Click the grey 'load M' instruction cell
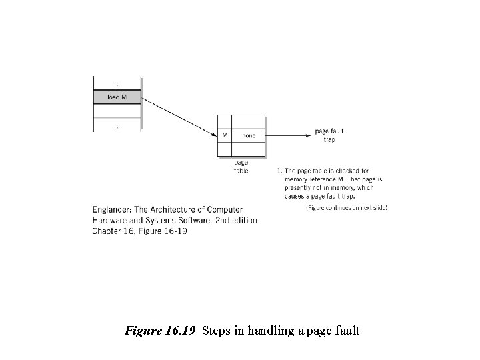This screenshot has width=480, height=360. click(117, 97)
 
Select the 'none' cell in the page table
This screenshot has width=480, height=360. click(249, 135)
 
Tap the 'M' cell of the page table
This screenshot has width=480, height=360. click(224, 135)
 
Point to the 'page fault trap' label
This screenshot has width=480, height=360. click(329, 135)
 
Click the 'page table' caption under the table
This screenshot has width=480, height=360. click(241, 167)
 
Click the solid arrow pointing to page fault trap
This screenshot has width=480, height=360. click(289, 135)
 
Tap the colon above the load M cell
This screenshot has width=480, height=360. click(117, 83)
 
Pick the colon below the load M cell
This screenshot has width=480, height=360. click(117, 125)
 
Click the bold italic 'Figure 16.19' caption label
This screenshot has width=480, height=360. click(161, 330)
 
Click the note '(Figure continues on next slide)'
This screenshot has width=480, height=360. click(347, 207)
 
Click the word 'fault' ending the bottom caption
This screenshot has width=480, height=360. click(347, 330)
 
